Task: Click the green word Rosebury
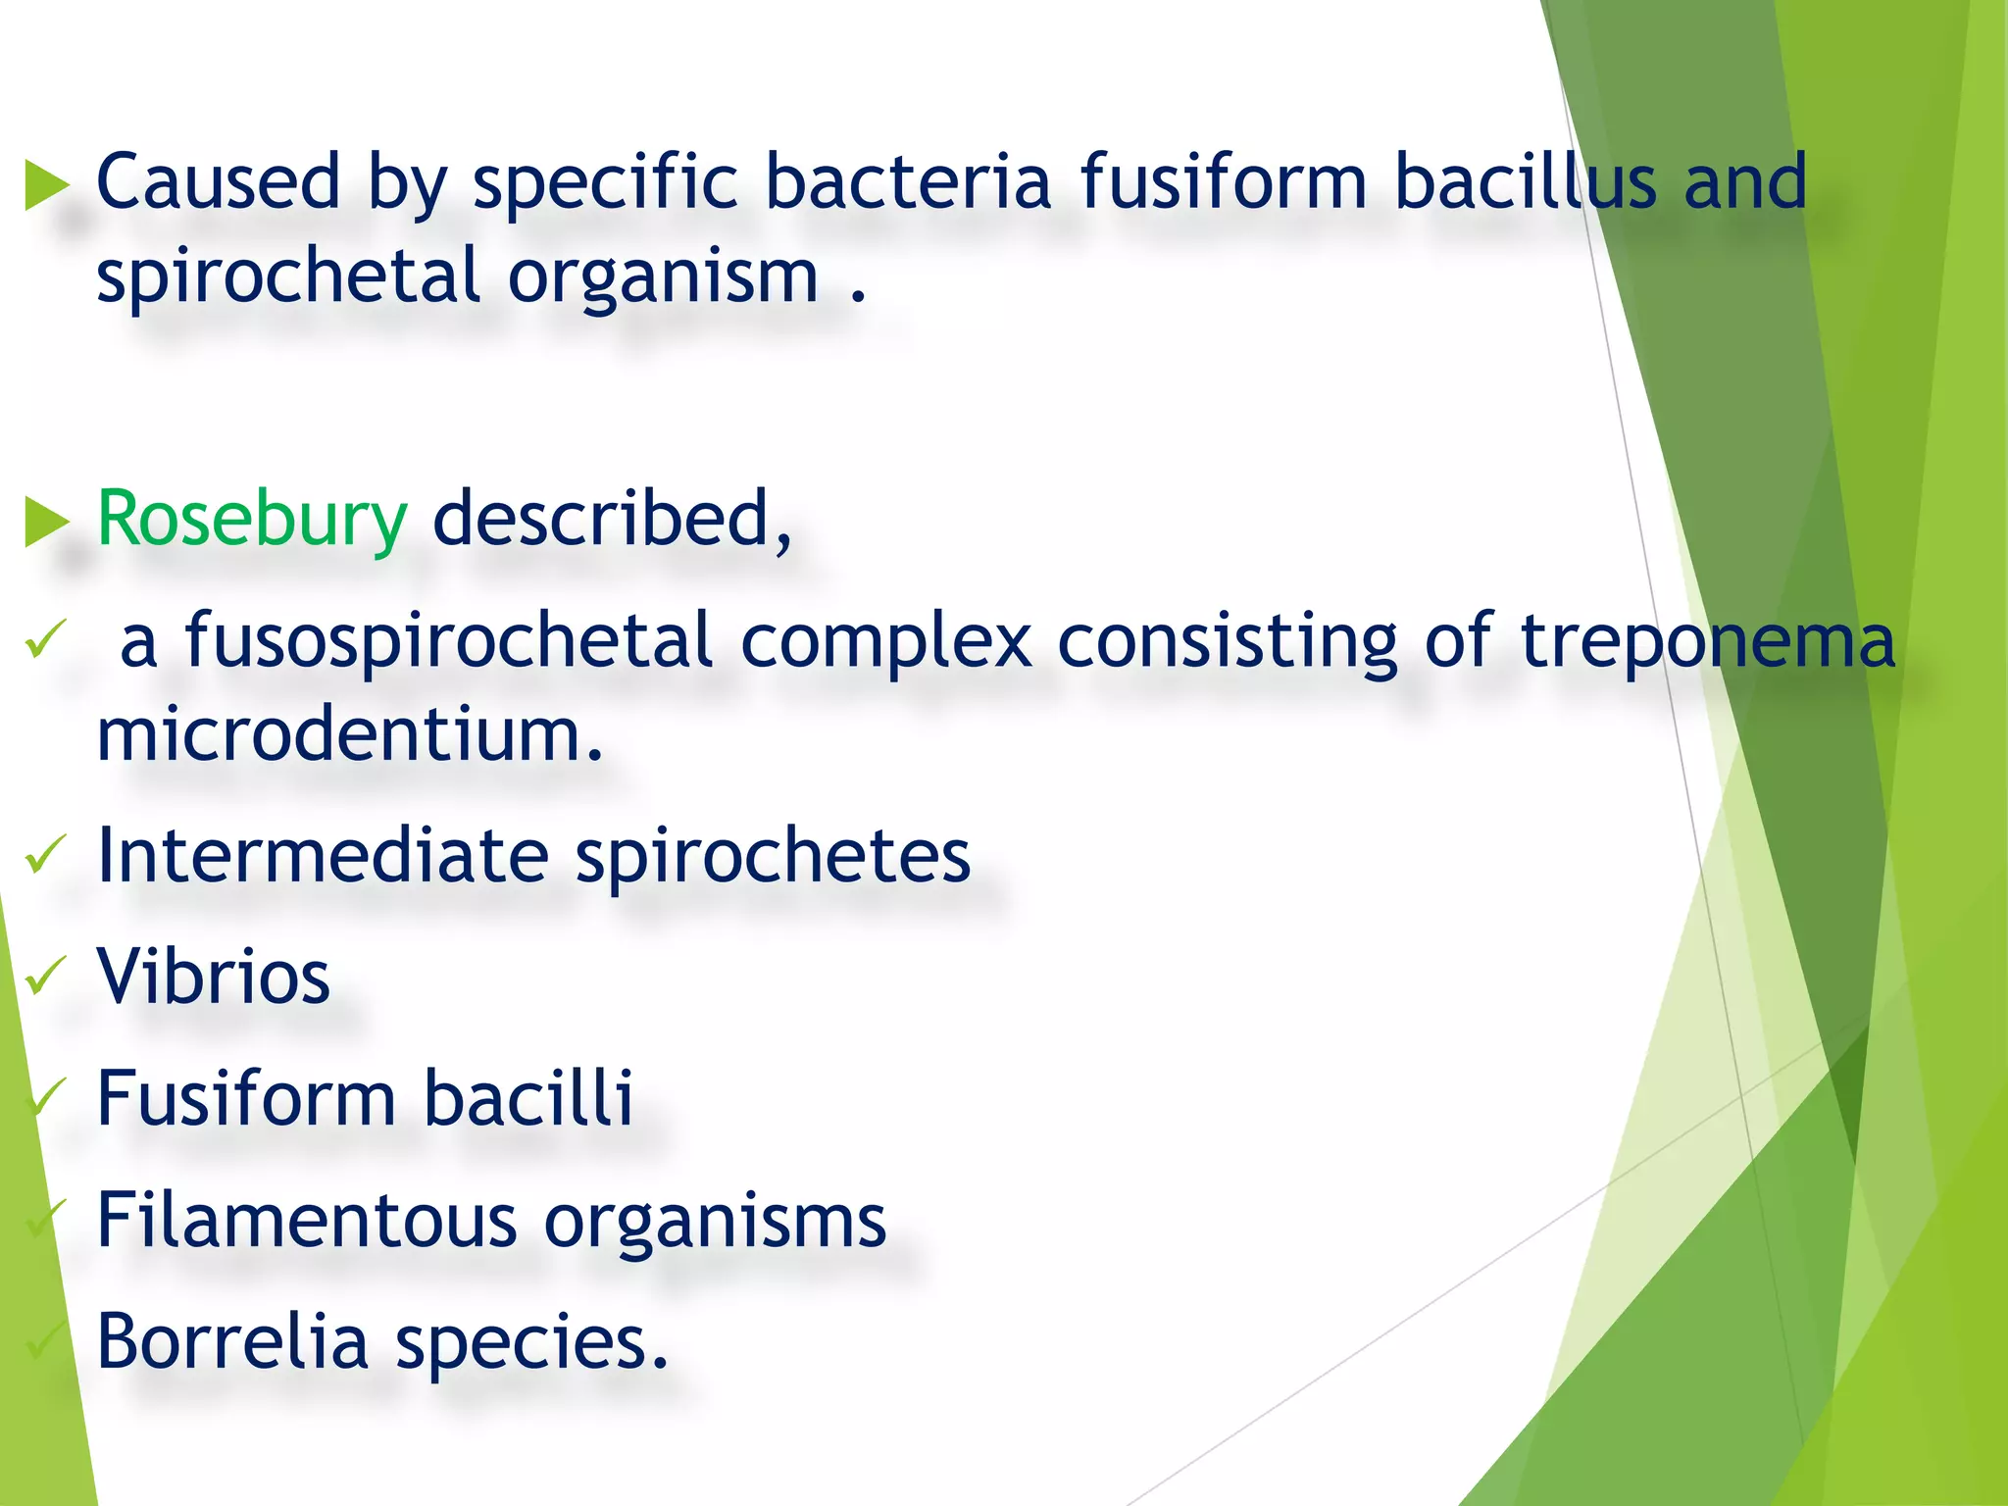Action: [252, 520]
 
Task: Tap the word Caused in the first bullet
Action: [218, 183]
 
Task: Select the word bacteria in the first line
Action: [908, 183]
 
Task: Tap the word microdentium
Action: [349, 735]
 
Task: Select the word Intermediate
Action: [323, 856]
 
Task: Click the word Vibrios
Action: [214, 978]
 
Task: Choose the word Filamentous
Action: [307, 1221]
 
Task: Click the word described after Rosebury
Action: [612, 520]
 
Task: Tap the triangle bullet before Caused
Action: [46, 184]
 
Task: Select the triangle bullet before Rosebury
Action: [46, 521]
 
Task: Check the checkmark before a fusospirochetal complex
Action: [44, 639]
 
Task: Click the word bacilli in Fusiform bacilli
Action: [528, 1099]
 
